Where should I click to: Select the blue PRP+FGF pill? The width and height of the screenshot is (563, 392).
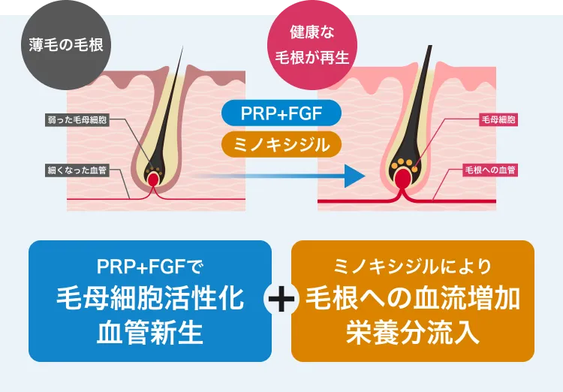tap(281, 113)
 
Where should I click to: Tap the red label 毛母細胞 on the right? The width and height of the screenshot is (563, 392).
tap(497, 119)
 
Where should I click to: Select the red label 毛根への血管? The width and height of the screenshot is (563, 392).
tap(491, 170)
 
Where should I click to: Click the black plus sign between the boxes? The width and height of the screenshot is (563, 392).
tap(281, 300)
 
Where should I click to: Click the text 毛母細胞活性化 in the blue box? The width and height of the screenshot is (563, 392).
tap(150, 300)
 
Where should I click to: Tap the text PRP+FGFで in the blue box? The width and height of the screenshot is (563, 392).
tap(150, 267)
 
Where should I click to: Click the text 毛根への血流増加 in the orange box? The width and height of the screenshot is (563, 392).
tap(412, 300)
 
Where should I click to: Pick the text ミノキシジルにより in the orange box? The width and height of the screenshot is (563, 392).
tap(412, 267)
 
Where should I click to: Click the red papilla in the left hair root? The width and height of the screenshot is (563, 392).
tap(154, 179)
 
